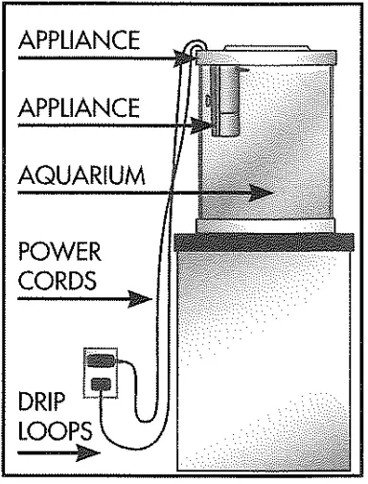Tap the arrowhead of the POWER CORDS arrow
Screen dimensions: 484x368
144,303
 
